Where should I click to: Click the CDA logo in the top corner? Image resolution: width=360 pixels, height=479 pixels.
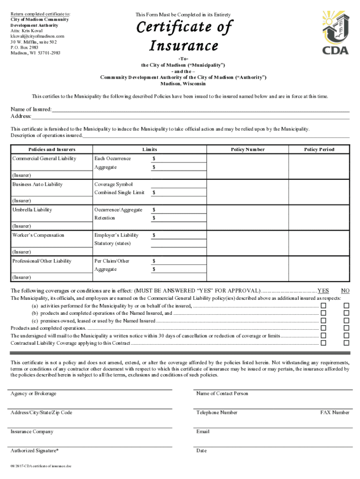pos(335,33)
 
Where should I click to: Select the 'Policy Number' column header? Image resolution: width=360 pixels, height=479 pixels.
pos(248,150)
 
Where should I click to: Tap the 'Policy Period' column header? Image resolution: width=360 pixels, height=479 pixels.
pos(319,150)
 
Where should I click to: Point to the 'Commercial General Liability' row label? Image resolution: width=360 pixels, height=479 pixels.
pos(44,159)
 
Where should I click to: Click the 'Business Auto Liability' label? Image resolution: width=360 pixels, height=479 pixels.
pos(37,184)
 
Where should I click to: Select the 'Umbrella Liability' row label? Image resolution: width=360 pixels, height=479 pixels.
pos(32,210)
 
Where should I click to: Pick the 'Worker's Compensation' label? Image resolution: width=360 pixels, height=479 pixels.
pos(38,235)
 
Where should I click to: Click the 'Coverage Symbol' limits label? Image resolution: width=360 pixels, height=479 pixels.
pos(114,184)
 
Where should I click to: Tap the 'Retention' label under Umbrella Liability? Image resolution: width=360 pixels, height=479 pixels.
pos(105,218)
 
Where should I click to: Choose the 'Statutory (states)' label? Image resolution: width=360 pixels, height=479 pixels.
pos(113,244)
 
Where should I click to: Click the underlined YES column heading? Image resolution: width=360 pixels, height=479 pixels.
pos(323,290)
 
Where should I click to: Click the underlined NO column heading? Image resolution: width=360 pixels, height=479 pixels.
pos(346,290)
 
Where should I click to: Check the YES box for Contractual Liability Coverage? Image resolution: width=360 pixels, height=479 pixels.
pos(323,343)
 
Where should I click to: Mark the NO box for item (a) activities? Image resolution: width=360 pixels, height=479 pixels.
pos(346,305)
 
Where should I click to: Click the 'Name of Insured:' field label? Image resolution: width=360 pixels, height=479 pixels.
pos(31,109)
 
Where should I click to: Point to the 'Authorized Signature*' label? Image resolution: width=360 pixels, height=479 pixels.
pos(35,451)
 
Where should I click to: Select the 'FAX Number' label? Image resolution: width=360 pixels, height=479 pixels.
pos(335,413)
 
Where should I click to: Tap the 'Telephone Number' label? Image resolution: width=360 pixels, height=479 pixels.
pos(217,413)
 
